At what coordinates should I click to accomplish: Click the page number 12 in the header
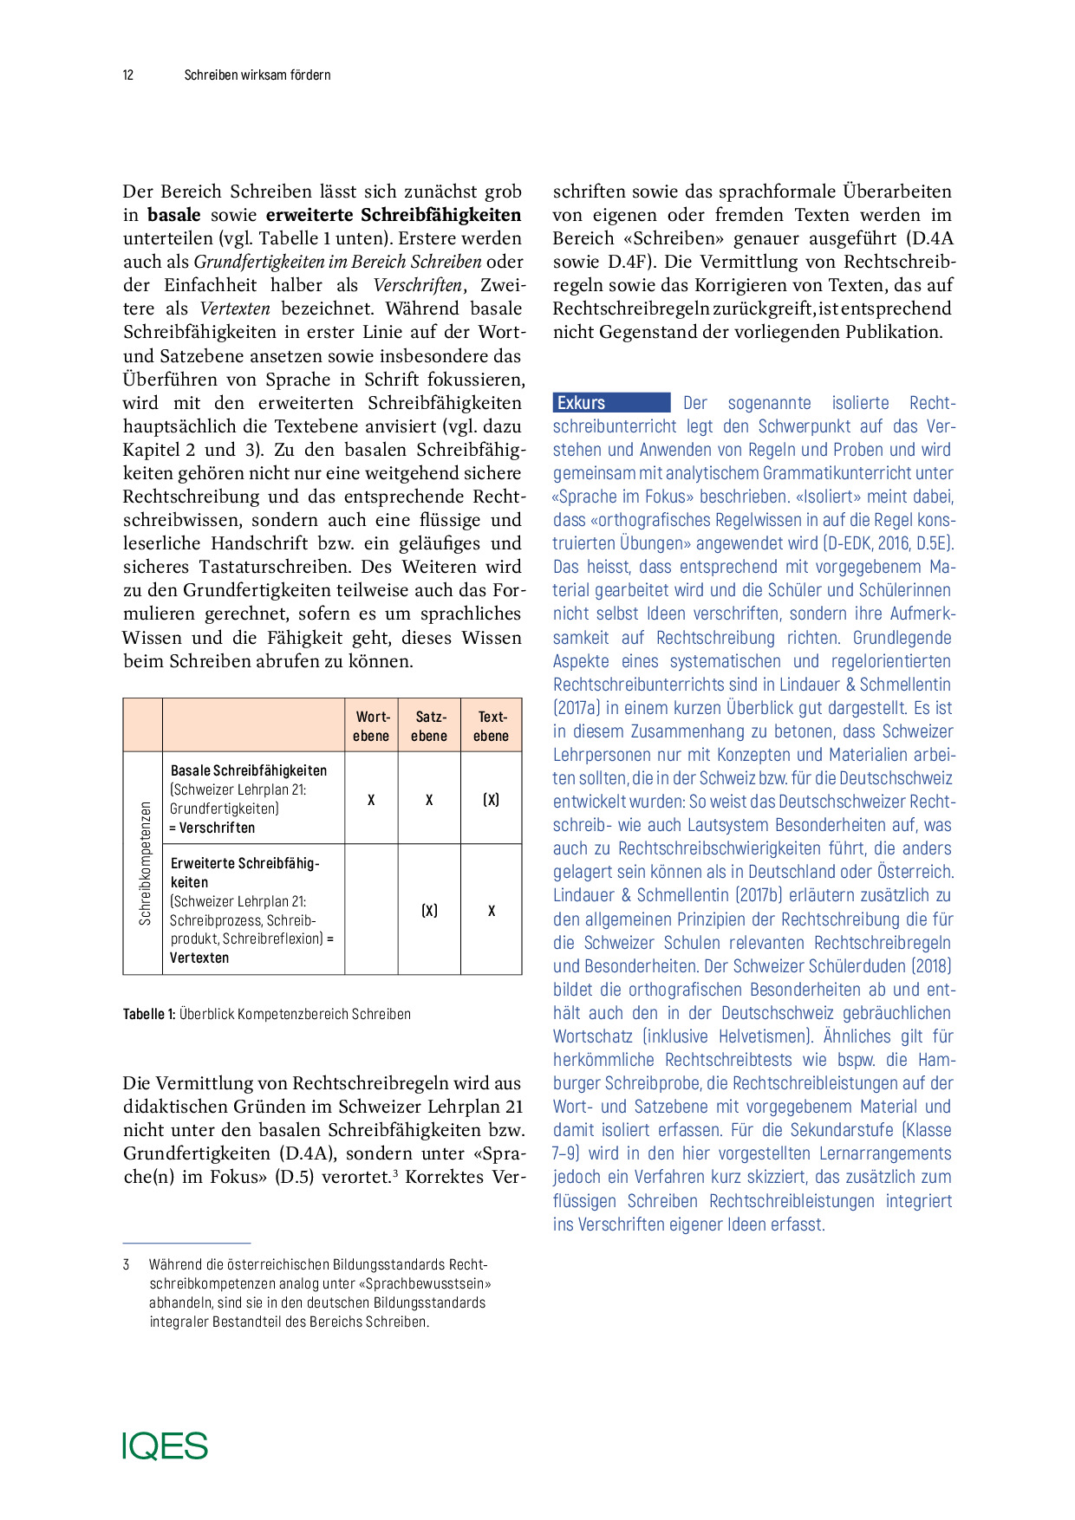(x=128, y=75)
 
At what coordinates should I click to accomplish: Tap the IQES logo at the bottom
(x=165, y=1445)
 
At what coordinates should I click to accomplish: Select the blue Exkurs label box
(x=611, y=403)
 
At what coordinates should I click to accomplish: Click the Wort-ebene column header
(x=372, y=726)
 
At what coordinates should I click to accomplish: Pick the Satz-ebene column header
(x=429, y=726)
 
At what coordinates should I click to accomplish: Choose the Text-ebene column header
(x=491, y=726)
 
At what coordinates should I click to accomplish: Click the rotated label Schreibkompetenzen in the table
(x=145, y=863)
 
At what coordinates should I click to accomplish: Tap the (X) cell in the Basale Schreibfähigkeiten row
(x=491, y=800)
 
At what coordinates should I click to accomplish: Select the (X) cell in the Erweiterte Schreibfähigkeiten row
(x=429, y=911)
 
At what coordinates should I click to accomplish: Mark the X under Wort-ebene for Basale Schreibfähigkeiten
(x=371, y=800)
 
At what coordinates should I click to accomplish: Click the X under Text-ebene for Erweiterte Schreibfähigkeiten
(x=492, y=911)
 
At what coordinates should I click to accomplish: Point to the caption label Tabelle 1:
(x=149, y=1014)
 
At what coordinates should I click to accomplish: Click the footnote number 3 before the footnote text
(x=127, y=1265)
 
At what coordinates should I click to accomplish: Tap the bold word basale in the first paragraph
(x=173, y=215)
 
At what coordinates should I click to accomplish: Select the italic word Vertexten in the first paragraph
(x=235, y=309)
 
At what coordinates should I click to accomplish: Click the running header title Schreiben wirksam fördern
(x=257, y=75)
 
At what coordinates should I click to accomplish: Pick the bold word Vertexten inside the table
(x=199, y=958)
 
